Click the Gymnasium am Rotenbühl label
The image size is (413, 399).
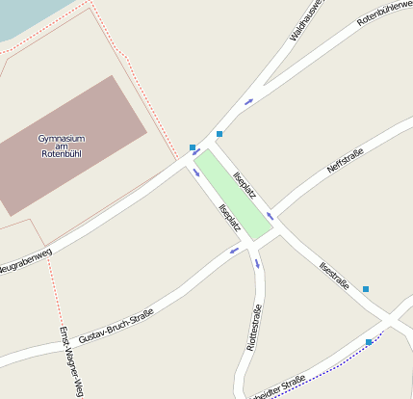pos(64,146)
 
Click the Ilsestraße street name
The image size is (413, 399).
pos(332,277)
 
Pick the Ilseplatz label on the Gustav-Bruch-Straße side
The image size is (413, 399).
pos(229,218)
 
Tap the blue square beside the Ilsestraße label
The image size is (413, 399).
pos(365,289)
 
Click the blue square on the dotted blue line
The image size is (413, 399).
pos(369,342)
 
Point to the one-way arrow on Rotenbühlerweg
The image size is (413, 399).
pos(249,101)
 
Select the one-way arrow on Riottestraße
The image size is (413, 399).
pos(257,264)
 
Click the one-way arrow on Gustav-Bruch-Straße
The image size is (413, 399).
pos(234,251)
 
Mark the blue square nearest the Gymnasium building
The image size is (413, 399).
pos(193,147)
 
